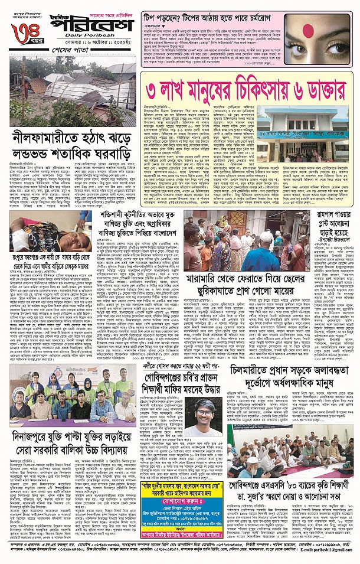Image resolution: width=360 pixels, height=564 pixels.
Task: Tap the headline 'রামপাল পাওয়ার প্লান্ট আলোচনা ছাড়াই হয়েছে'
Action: click(332, 220)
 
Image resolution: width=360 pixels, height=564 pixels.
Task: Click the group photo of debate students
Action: click(68, 412)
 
